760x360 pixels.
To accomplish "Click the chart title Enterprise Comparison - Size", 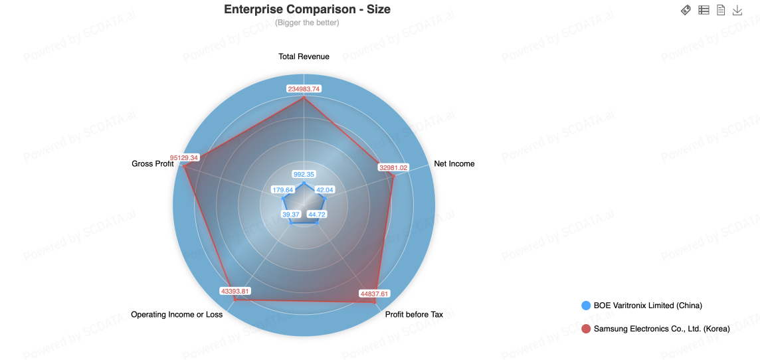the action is pos(308,9).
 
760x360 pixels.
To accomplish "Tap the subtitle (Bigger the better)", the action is pos(308,23).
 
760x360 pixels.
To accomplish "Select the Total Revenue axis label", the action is pos(304,56).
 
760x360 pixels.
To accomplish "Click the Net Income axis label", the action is pos(454,164).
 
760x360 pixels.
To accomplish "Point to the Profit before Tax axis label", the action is pos(414,314).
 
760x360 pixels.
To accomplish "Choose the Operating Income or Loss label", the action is pos(177,314).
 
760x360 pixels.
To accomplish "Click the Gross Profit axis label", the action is pos(153,164).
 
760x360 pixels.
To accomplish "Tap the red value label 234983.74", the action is pos(304,89).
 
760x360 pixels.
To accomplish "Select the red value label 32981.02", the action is pos(393,167).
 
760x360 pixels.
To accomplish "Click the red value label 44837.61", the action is pos(375,294).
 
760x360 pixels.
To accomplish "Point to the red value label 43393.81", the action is pos(235,291).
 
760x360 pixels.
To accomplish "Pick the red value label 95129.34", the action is pos(184,157).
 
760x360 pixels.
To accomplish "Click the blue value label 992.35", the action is pos(304,175).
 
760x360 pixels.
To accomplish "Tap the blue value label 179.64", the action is pos(283,190).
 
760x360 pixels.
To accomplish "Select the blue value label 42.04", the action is pos(324,190).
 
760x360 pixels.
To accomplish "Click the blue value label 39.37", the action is pos(291,214).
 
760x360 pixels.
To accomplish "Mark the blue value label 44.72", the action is pos(316,214).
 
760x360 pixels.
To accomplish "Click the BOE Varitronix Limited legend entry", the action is pos(642,306).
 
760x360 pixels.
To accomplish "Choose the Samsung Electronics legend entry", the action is pos(655,329).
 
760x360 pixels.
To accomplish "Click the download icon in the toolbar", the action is pos(737,10).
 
